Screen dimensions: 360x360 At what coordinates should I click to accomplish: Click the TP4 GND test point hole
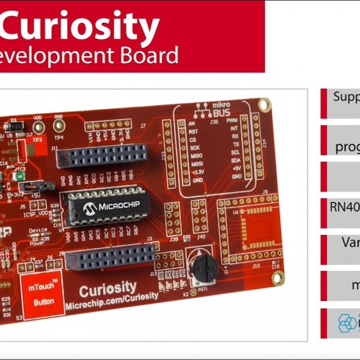point(58,126)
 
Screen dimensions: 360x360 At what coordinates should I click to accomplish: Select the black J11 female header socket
point(102,155)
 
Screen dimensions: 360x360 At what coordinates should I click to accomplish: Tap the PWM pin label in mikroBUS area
point(231,120)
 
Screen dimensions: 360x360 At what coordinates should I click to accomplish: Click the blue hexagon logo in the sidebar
point(347,323)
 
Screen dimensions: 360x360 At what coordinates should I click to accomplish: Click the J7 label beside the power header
point(143,126)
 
